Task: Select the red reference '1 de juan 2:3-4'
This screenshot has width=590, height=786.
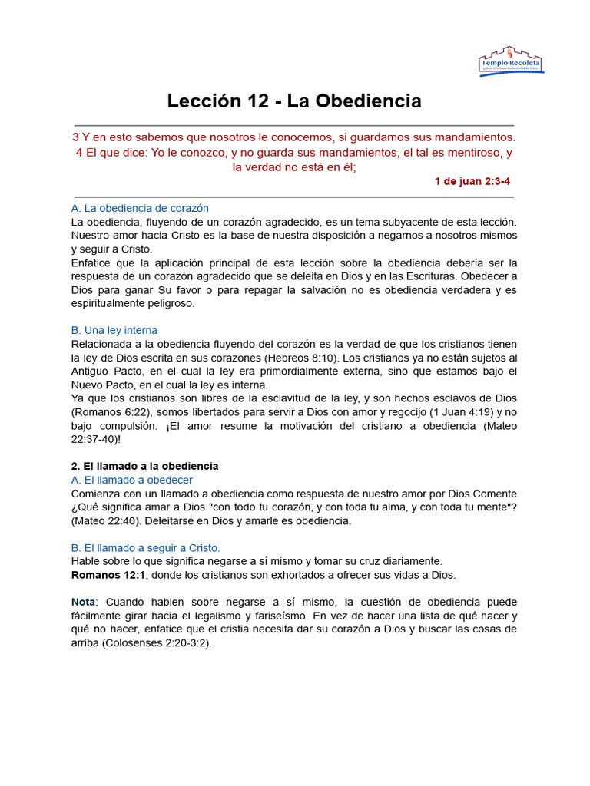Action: click(x=472, y=181)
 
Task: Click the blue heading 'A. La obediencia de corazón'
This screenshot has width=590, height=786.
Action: click(x=140, y=208)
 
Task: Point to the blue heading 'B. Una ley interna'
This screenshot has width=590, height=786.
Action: click(x=114, y=330)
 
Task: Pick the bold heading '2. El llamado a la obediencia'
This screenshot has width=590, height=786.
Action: click(x=144, y=466)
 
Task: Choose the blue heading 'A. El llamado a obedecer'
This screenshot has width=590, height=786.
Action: click(x=131, y=480)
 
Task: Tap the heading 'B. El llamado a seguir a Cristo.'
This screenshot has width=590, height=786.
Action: click(x=145, y=547)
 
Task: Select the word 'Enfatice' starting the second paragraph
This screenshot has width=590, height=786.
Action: click(x=93, y=263)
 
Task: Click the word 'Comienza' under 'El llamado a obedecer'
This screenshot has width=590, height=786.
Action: click(x=97, y=494)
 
